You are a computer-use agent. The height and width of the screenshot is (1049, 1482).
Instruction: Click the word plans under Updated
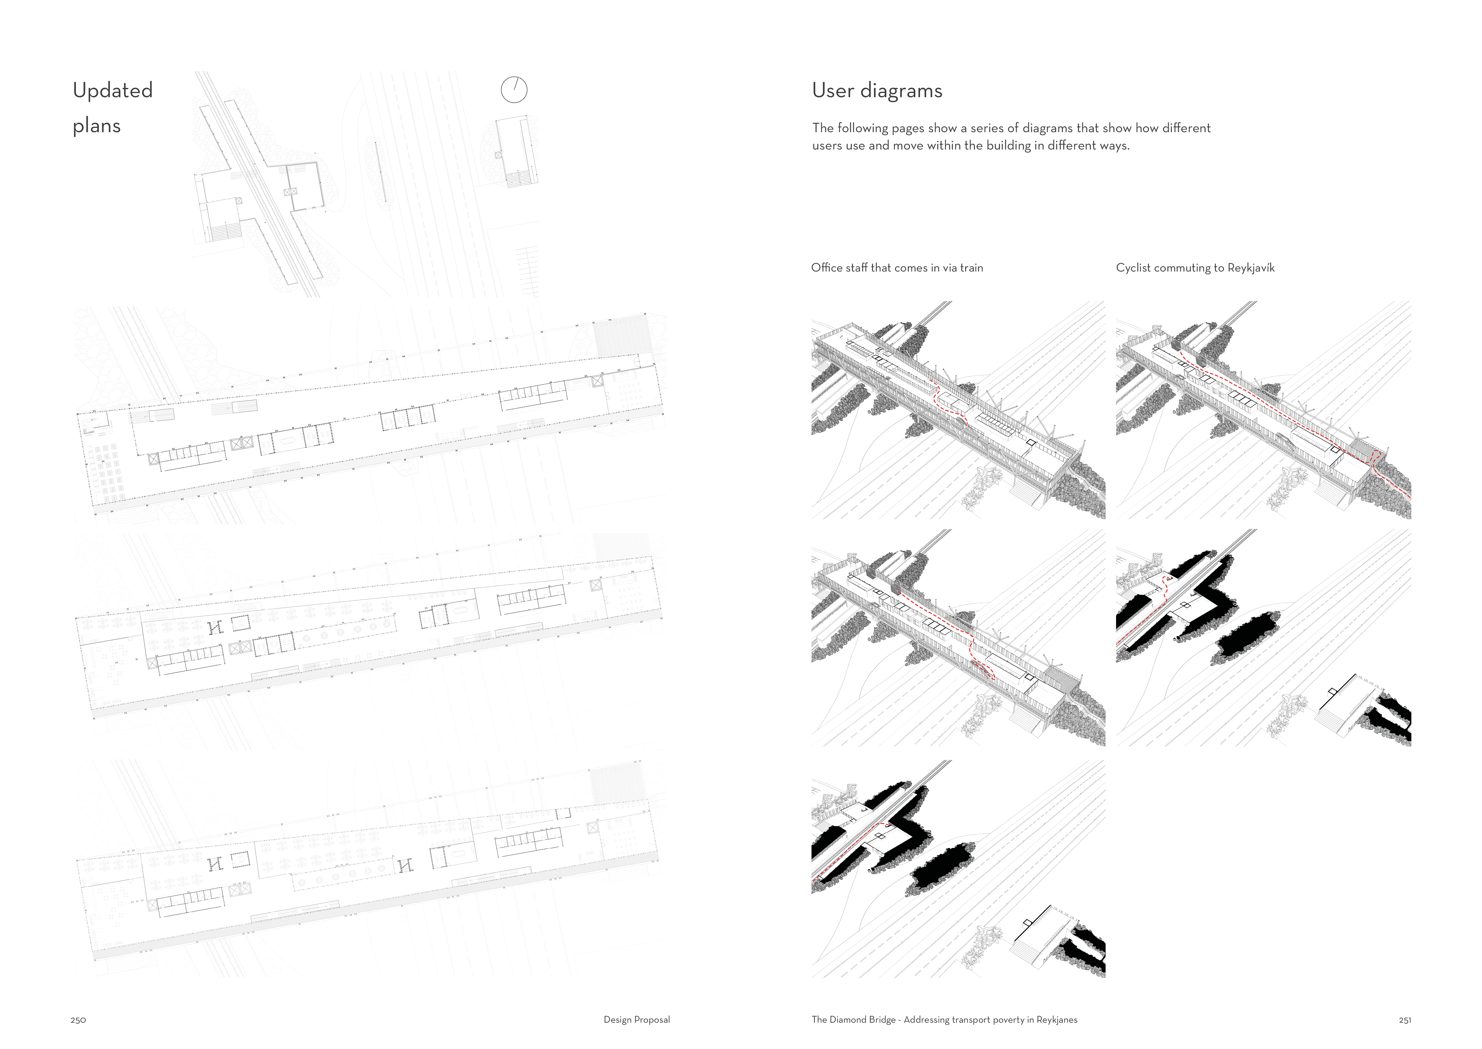click(97, 126)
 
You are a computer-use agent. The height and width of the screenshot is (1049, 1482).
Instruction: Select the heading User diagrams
click(877, 90)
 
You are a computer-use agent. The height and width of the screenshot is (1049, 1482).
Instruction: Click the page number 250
click(78, 1020)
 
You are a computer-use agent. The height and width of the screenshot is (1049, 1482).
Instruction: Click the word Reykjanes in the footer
click(1057, 1020)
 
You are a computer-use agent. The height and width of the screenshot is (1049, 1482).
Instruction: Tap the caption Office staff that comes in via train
click(897, 267)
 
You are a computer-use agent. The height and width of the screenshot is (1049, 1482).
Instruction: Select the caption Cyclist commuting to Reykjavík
click(1196, 267)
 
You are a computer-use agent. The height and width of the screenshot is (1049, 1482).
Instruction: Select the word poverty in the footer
click(1005, 1020)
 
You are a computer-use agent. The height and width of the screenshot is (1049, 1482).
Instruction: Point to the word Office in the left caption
click(826, 267)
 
